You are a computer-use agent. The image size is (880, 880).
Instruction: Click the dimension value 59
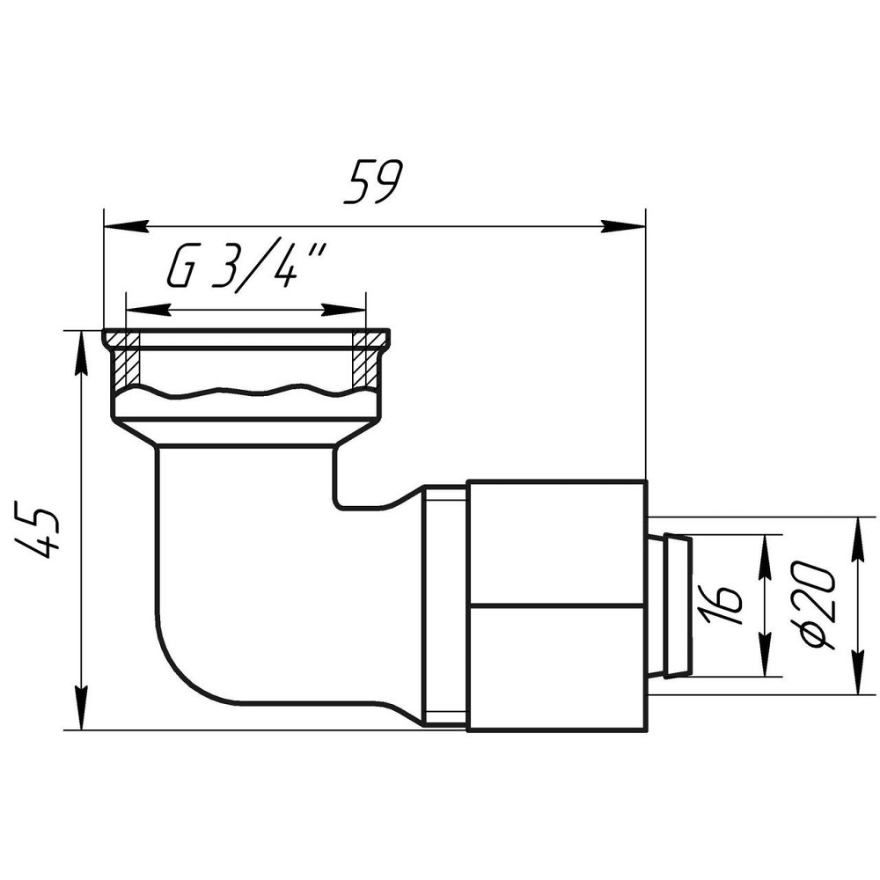coord(374,182)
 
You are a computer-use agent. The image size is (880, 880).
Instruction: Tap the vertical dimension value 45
coord(40,531)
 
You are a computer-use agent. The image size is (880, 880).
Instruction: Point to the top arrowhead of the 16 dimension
coord(765,551)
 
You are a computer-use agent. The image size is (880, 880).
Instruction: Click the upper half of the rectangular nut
coord(556,542)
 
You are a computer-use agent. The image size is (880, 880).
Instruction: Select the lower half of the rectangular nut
coord(556,667)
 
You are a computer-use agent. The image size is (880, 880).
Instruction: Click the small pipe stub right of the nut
coord(670,605)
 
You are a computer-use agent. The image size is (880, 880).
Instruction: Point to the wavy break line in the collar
coord(246,391)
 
